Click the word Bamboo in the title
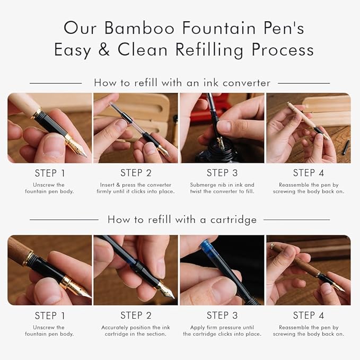point(139,28)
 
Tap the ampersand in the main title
point(104,50)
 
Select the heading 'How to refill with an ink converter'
point(182,83)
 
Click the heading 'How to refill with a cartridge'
point(182,219)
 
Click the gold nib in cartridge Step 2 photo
point(166,291)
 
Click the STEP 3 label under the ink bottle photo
point(222,173)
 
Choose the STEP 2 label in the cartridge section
point(136,315)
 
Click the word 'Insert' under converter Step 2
point(107,185)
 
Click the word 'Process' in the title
point(283,50)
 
